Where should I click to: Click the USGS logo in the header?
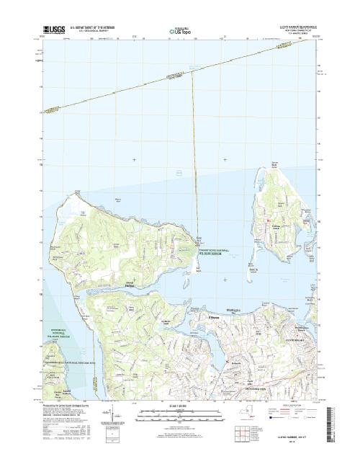point(47,32)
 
